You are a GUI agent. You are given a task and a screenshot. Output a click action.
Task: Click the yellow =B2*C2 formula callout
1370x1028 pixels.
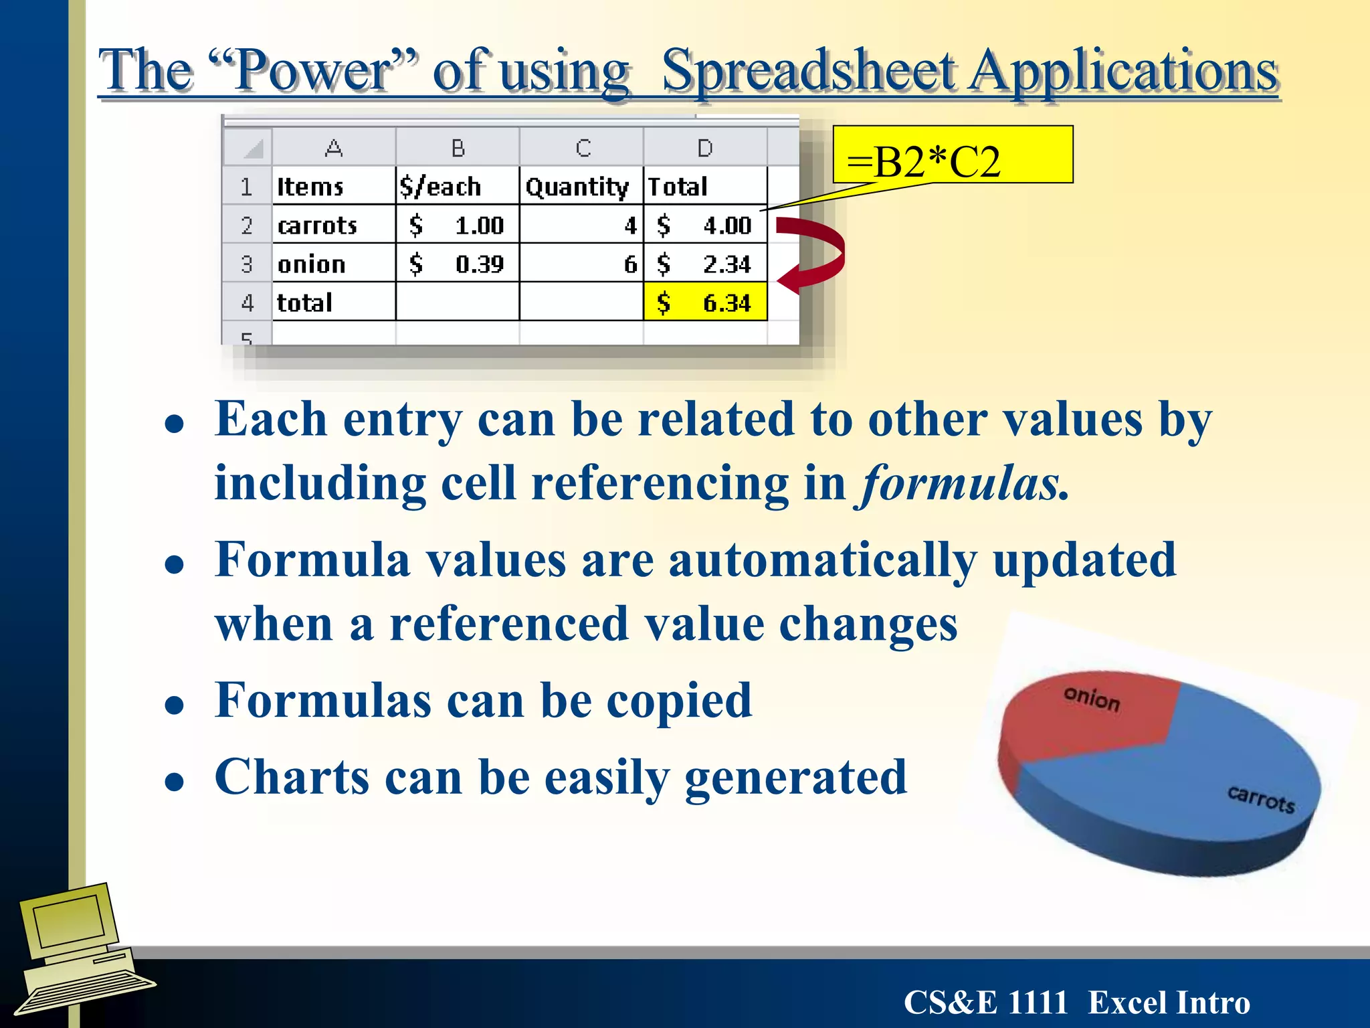pyautogui.click(x=952, y=155)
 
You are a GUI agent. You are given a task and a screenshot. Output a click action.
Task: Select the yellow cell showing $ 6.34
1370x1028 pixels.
pyautogui.click(x=705, y=303)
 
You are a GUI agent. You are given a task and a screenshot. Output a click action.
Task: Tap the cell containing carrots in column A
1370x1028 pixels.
pyautogui.click(x=333, y=225)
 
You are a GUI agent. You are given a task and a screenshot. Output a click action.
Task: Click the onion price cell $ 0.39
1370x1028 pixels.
pyautogui.click(x=457, y=264)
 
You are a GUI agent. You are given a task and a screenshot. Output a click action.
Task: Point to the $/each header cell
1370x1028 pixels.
pyautogui.click(x=457, y=186)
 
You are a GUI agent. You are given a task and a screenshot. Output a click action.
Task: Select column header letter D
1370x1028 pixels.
pyautogui.click(x=704, y=148)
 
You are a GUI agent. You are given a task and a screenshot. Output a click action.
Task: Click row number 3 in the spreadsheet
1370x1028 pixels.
pyautogui.click(x=247, y=264)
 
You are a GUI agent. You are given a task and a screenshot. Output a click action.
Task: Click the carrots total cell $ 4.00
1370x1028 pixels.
pyautogui.click(x=705, y=225)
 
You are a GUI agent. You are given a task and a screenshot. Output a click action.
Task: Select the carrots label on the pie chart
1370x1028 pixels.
pyautogui.click(x=1260, y=798)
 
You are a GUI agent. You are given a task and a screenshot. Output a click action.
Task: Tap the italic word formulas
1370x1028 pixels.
pyautogui.click(x=963, y=483)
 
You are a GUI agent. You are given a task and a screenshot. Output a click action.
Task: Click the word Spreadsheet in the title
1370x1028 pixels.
pyautogui.click(x=809, y=72)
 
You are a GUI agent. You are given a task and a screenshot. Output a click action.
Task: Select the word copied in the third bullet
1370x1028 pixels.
pyautogui.click(x=678, y=701)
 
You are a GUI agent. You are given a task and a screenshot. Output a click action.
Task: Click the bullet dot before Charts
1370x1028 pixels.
pyautogui.click(x=175, y=781)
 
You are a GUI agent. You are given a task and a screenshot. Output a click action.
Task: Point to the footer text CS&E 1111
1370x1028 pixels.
pyautogui.click(x=985, y=1003)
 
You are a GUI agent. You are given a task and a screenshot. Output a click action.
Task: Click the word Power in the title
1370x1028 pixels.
pyautogui.click(x=314, y=72)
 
